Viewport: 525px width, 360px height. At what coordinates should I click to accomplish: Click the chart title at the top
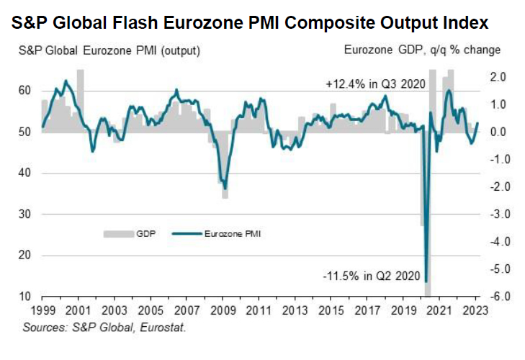251,22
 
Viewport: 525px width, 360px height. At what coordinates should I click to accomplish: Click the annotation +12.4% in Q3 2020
375,84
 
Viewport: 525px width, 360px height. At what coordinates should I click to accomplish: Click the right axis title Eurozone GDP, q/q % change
423,51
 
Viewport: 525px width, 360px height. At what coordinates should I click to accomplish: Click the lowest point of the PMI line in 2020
426,281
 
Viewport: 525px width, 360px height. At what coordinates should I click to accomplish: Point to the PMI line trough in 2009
225,188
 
